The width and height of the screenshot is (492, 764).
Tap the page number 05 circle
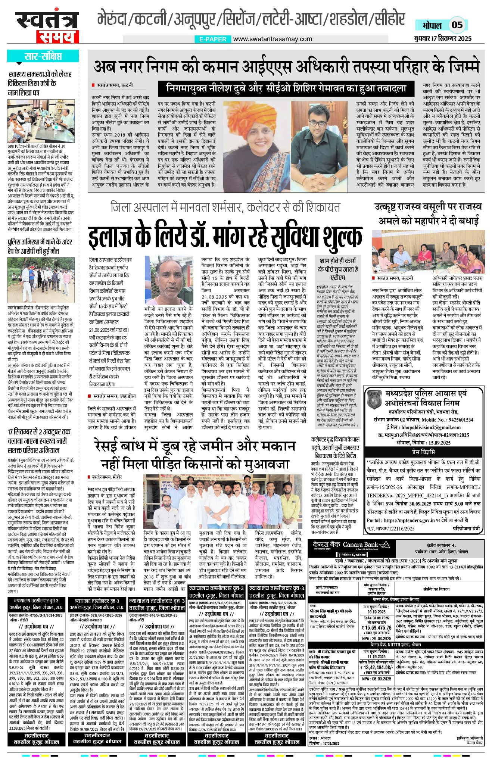pos(457,25)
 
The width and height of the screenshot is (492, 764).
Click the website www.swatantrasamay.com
pos(273,39)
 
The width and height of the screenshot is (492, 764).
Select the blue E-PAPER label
pos(213,39)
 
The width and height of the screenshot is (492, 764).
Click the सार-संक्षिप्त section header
pos(43,56)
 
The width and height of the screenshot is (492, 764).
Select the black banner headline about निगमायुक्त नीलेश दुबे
pos(286,89)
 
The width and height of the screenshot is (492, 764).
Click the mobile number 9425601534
pos(455,420)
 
